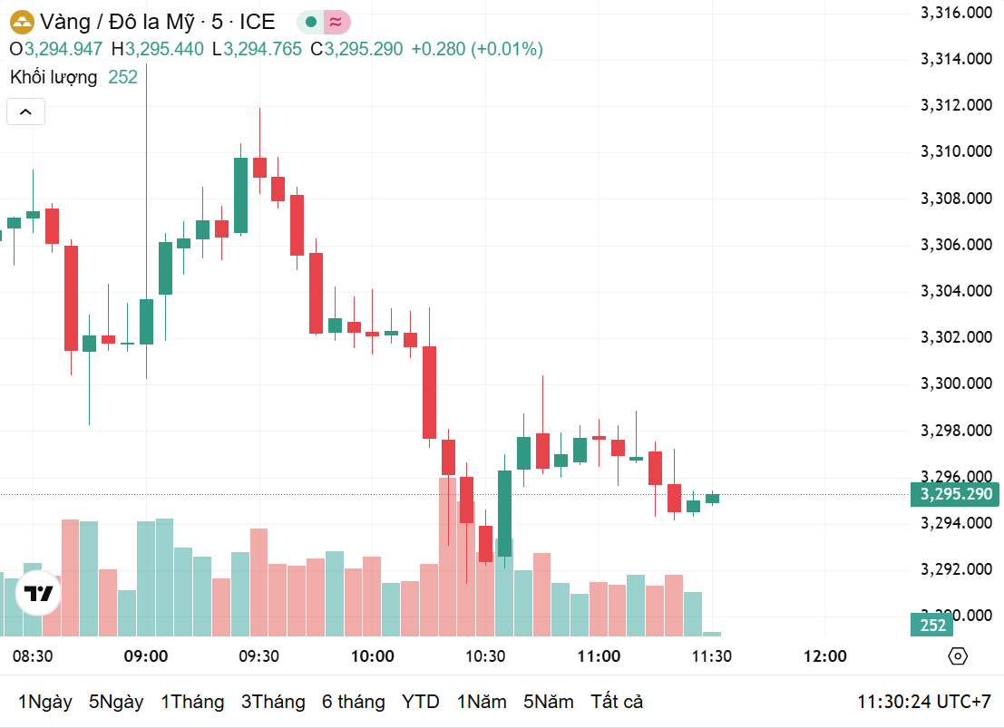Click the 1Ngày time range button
[x=44, y=702]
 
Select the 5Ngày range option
[x=116, y=702]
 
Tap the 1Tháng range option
[x=192, y=702]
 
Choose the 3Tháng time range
[x=273, y=702]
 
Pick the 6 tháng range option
[x=353, y=702]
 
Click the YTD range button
[x=421, y=702]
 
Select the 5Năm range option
[x=549, y=702]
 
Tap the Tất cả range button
[x=617, y=702]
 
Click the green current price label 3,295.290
[x=956, y=494]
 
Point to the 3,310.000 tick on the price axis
[x=957, y=151]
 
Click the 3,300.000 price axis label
[x=957, y=383]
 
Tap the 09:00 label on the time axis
[x=146, y=656]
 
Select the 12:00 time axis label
[x=825, y=656]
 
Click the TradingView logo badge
[x=38, y=595]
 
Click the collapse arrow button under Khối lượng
[x=25, y=112]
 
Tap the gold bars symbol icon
[x=21, y=22]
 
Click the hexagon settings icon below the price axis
[x=957, y=656]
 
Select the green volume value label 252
[x=932, y=625]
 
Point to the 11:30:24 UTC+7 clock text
[x=924, y=702]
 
